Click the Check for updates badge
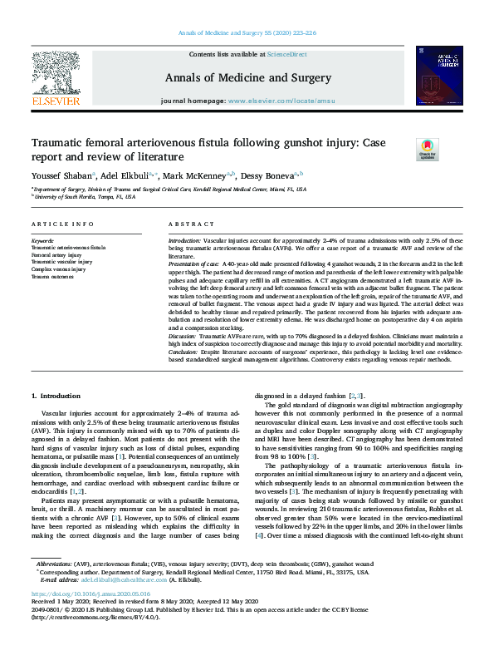(x=427, y=150)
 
